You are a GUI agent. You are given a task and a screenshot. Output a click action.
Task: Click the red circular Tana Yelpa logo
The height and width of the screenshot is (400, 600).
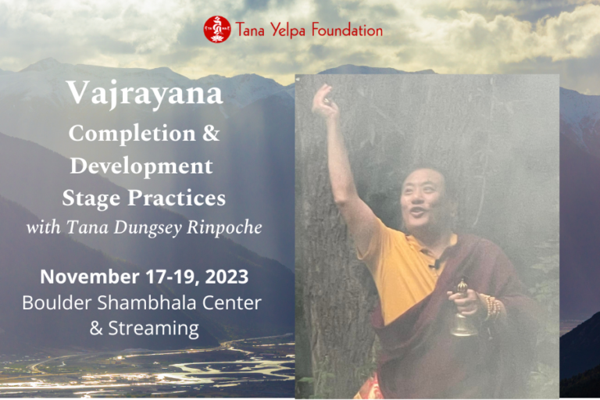[217, 30]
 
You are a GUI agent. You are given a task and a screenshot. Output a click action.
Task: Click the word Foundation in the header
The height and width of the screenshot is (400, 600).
[347, 30]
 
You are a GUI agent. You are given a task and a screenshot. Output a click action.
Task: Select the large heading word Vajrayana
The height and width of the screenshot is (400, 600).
[145, 94]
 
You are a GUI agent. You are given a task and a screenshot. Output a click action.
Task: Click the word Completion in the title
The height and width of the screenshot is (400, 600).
[132, 134]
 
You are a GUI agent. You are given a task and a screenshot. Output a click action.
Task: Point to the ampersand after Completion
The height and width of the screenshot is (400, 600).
[211, 133]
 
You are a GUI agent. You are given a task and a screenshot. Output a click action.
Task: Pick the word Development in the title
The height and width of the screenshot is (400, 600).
[141, 166]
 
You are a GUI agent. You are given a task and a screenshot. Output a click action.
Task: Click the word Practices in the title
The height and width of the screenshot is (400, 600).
[177, 198]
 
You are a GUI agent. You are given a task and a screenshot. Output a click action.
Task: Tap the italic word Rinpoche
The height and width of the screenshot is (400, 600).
[224, 227]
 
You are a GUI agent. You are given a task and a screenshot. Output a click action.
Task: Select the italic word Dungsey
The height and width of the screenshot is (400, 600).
[148, 228]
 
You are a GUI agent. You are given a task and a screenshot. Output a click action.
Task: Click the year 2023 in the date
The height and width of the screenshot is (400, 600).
[227, 277]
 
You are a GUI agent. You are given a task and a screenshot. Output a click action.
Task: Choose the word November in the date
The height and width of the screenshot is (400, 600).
[90, 277]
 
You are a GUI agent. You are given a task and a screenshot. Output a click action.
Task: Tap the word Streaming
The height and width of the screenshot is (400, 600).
[153, 328]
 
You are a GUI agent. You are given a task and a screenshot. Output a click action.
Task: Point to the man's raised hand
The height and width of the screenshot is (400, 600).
[325, 100]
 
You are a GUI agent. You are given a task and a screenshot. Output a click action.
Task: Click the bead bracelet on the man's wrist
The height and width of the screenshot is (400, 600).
[491, 307]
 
